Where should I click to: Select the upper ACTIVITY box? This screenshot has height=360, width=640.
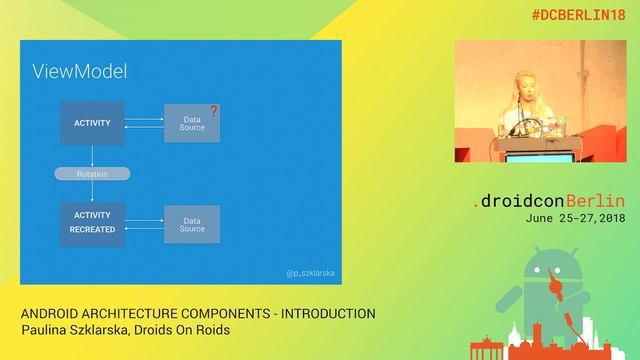click(92, 123)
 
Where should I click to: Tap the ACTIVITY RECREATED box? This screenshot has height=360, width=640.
click(92, 223)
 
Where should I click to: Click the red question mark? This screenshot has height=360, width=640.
click(213, 112)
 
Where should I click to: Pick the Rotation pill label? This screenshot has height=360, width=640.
click(92, 174)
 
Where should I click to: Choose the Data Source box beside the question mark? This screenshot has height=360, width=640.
click(191, 123)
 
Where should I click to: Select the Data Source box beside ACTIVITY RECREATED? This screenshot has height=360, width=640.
click(191, 223)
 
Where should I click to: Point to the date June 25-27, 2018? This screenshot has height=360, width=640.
click(574, 217)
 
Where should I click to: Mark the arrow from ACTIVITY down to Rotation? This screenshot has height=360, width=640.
click(92, 155)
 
